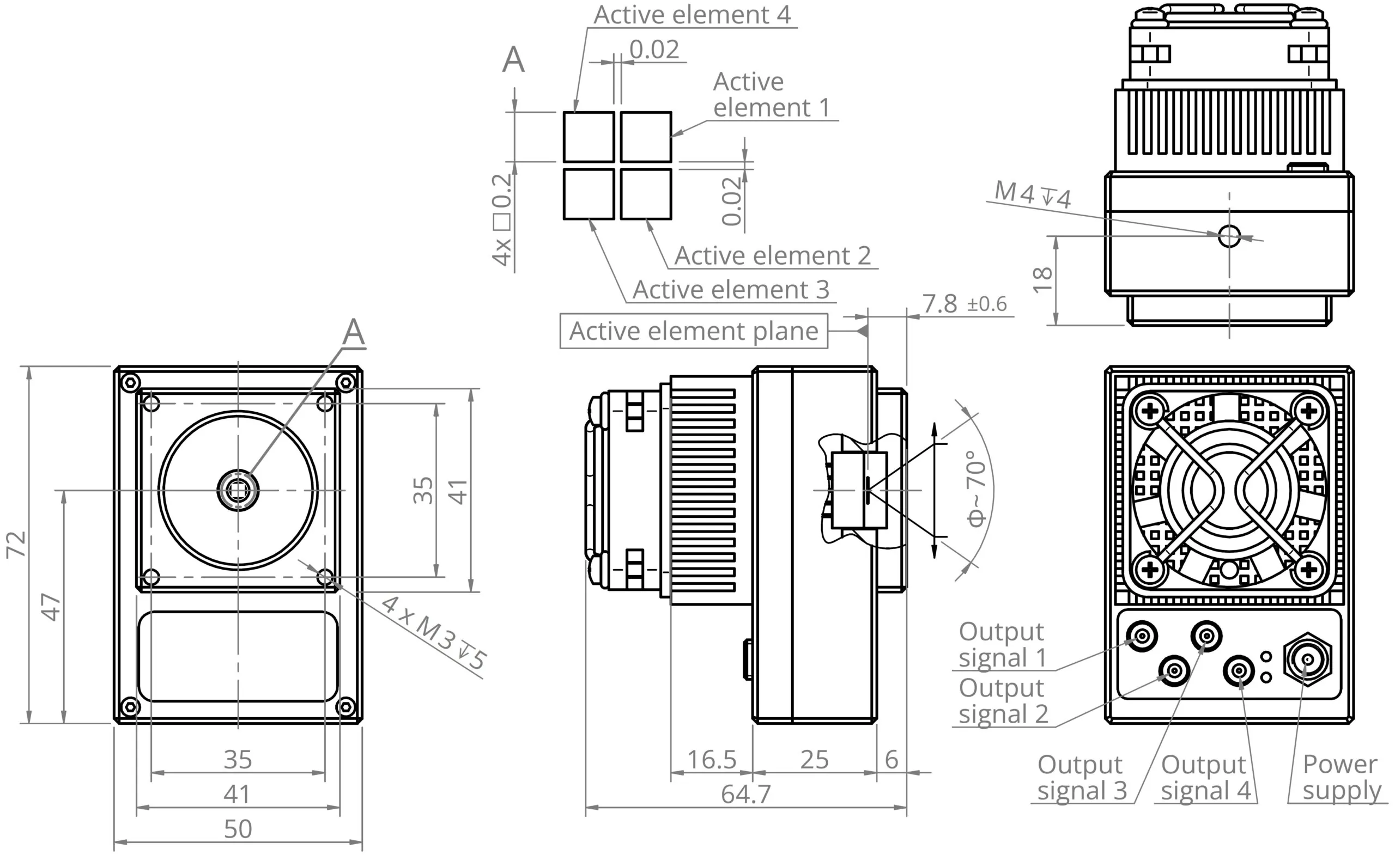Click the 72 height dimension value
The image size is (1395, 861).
(16, 545)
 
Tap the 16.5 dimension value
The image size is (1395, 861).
(712, 760)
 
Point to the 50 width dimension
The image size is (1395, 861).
(238, 829)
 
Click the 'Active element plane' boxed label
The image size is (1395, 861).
(693, 332)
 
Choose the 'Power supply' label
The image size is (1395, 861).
(1341, 777)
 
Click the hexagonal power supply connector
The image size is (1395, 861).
(1308, 660)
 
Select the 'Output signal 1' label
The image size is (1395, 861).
(1002, 645)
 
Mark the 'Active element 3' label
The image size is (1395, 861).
(730, 290)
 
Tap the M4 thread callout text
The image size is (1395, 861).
(1032, 195)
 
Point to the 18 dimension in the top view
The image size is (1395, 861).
(1043, 279)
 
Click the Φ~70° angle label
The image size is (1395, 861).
(976, 488)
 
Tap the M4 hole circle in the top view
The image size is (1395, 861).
(1229, 236)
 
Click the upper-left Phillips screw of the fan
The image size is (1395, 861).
(1150, 411)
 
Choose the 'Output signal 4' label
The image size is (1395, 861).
(1205, 777)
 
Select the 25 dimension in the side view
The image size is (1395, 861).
(814, 760)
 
